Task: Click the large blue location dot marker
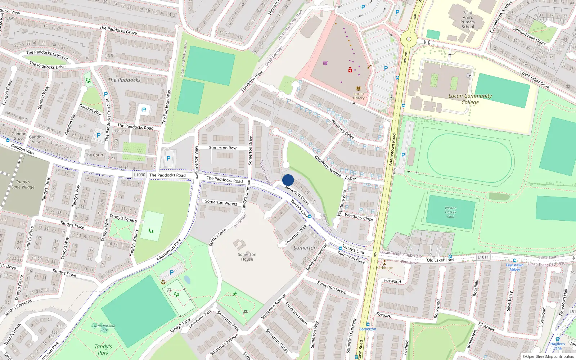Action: (288, 180)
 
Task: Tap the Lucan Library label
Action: (359, 96)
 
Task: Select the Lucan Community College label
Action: (470, 99)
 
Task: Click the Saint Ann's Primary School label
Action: (468, 20)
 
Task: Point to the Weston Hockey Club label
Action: (450, 212)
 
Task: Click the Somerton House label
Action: (247, 257)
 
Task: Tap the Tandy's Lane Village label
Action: (23, 184)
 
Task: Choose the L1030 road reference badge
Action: (140, 175)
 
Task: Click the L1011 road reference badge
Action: (483, 257)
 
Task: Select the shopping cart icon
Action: (325, 63)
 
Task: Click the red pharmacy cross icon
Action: (350, 70)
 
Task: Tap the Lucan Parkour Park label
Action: (104, 328)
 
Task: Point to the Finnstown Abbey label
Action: (514, 267)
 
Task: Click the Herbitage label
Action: (384, 268)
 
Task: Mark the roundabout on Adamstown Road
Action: (409, 39)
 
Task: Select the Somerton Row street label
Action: (223, 148)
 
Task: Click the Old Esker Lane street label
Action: (441, 260)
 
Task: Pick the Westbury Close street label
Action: (359, 217)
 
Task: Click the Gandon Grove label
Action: (19, 136)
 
